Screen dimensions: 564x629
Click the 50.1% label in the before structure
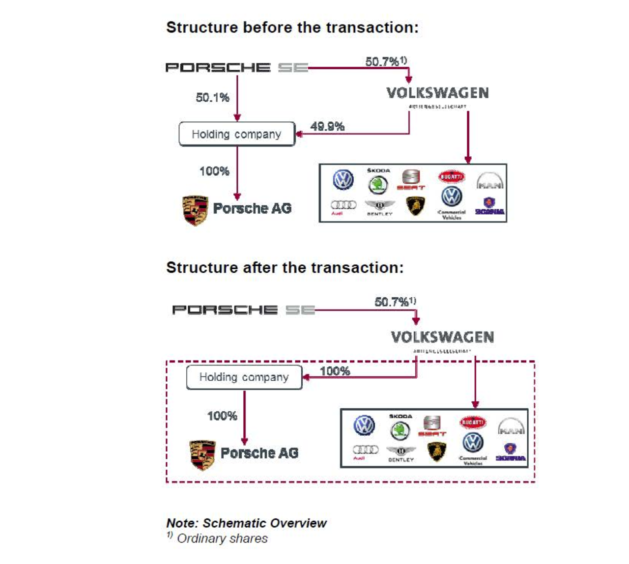212,98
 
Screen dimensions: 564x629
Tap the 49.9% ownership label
327,127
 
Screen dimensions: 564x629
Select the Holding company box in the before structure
237,134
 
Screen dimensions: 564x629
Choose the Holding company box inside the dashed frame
244,377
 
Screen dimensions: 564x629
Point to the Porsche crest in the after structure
202,455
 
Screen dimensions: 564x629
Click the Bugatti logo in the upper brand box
451,176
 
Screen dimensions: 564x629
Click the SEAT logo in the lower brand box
432,425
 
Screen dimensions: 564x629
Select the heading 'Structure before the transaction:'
292,28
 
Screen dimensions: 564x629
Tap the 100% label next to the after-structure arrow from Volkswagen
335,371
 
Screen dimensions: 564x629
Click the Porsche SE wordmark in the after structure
243,310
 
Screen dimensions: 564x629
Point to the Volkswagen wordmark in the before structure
437,93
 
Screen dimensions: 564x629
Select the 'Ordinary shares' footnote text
222,539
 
